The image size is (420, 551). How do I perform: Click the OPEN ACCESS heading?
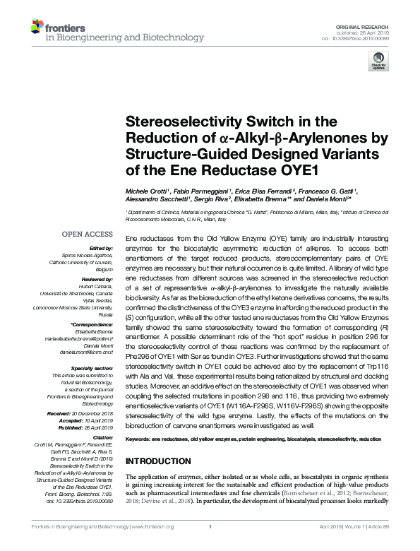point(87,234)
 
